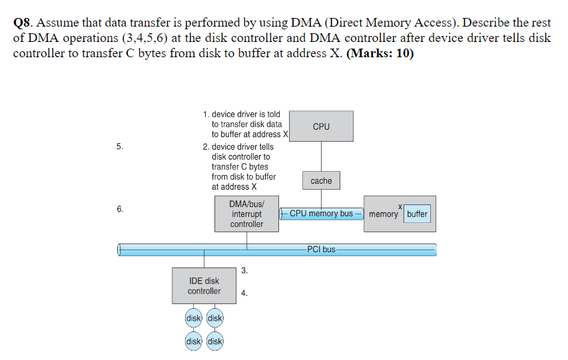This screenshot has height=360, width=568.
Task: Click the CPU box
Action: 321,126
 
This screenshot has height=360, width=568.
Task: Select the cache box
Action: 321,180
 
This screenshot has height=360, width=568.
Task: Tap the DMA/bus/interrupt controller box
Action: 246,214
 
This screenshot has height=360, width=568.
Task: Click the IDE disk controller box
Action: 204,286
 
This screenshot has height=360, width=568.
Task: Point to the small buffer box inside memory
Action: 417,214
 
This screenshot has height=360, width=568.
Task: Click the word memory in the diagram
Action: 383,214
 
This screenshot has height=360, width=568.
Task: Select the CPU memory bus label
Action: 321,214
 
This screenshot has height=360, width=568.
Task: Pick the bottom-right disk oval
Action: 215,341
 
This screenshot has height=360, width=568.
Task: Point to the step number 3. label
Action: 244,270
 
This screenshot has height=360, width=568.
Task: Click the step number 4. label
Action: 244,292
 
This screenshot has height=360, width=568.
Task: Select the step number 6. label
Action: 119,209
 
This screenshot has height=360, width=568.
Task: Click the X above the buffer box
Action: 401,206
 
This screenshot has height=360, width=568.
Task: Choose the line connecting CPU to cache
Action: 321,156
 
